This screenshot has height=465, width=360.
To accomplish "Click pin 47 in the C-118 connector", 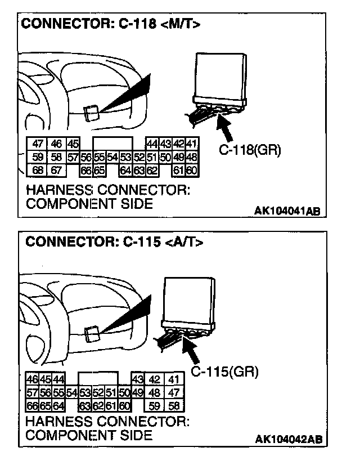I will pos(38,145).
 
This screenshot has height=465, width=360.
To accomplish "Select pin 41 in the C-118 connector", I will pos(192,145).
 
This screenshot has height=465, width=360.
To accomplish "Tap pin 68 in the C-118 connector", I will pos(38,170).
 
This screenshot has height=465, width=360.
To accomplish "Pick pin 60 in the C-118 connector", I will pos(192,170).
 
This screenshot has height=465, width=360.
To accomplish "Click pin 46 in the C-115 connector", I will pos(32,379).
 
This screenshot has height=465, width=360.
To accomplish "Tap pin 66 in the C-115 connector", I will pos(32,405).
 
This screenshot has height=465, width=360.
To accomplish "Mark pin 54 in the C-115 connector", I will pos(72,392).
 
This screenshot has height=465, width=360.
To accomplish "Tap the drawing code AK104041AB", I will pos(287,211).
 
